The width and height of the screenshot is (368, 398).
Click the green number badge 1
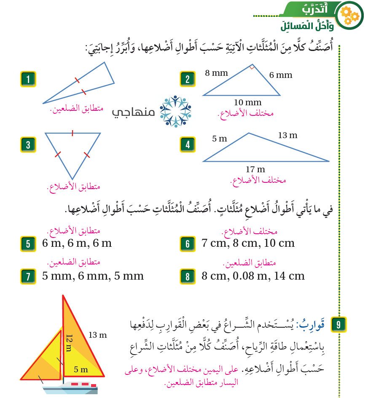[28, 79]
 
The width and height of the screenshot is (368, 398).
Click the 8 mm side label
[216, 73]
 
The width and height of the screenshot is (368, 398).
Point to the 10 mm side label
[248, 102]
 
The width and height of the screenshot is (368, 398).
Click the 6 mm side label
[281, 75]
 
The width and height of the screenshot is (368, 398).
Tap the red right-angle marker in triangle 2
[252, 67]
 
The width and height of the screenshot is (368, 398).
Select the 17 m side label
[255, 169]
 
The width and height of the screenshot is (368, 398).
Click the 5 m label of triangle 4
[220, 138]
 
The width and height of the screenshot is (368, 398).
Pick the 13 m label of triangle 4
[287, 135]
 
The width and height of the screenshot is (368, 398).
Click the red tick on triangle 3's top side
[73, 133]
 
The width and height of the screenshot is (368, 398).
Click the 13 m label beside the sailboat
[98, 335]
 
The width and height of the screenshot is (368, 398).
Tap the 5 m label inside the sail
[81, 369]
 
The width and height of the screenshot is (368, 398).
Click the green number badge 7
[28, 276]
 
